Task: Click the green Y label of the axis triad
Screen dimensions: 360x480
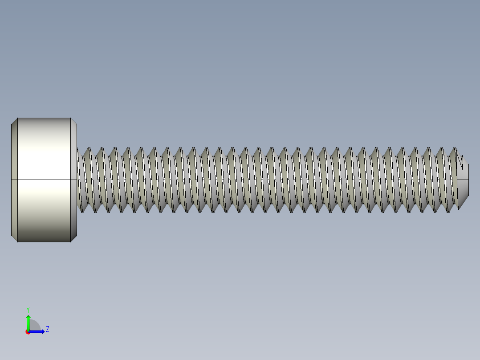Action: coord(28,309)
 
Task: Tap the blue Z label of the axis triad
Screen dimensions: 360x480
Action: coord(47,329)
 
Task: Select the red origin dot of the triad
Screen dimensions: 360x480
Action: coord(28,332)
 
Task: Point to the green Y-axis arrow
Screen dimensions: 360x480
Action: coord(28,322)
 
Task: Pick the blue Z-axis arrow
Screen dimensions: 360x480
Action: coord(38,331)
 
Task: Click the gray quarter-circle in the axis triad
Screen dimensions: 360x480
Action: coord(35,326)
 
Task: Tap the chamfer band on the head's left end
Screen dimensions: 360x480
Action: coord(14,180)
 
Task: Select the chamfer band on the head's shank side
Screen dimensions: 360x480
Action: coord(74,180)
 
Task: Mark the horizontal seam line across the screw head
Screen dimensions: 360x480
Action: coord(44,180)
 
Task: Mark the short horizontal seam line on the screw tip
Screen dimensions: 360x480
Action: coord(463,180)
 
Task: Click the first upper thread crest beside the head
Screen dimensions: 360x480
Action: coord(88,149)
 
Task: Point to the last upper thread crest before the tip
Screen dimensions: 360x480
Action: coord(454,149)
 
